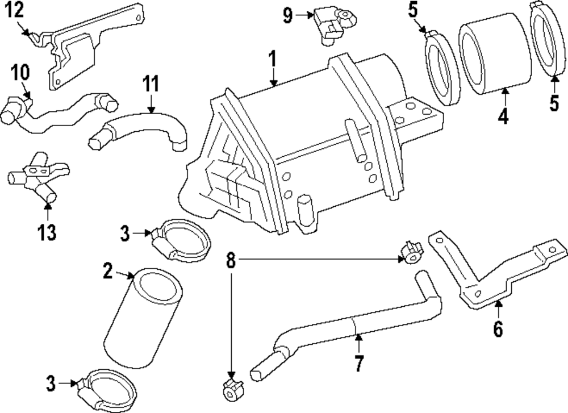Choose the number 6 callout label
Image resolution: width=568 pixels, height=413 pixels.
point(498,328)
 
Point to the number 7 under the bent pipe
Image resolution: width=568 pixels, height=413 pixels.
point(358,363)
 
